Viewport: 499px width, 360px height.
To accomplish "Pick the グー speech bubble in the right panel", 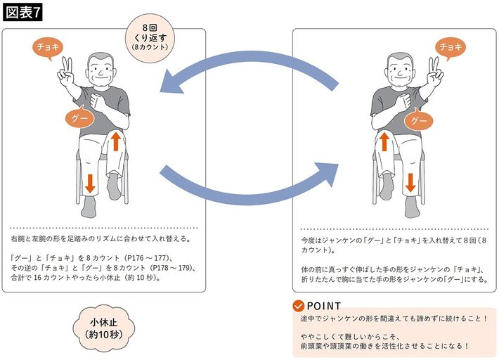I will tap(419, 121).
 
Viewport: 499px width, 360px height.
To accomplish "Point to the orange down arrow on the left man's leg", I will tap(89, 184).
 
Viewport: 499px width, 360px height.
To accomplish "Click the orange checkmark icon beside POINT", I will tap(299, 306).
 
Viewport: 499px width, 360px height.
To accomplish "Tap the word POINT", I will tap(324, 306).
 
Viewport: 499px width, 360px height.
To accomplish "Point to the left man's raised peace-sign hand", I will tap(67, 71).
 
